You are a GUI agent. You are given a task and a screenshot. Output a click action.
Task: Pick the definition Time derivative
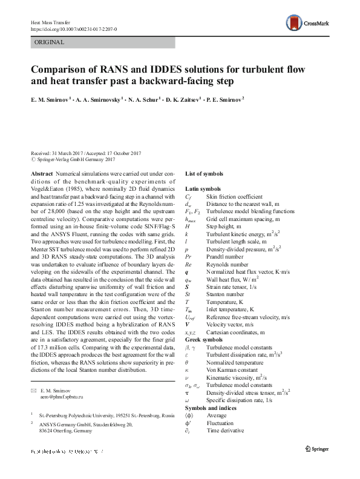tap(229, 431)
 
